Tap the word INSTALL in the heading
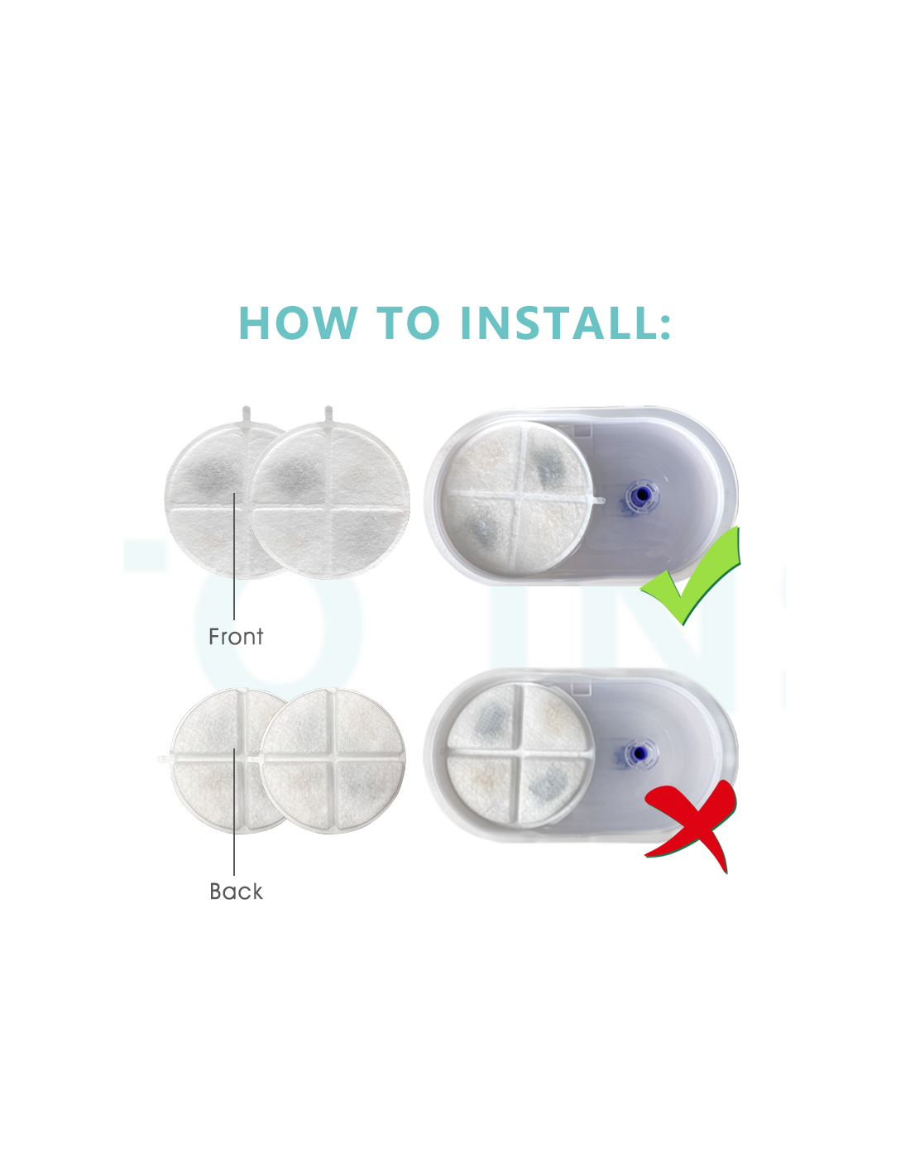click(556, 323)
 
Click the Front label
click(236, 637)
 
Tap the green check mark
click(690, 576)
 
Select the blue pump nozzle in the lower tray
click(639, 753)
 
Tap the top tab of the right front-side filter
click(328, 415)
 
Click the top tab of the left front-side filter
click(247, 415)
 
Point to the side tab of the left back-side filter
click(164, 759)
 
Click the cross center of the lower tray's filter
click(518, 750)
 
